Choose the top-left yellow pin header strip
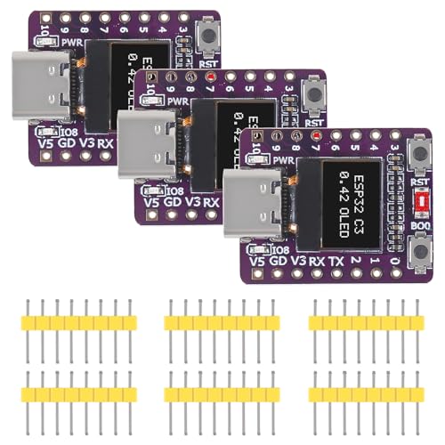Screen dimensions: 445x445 tap(78, 322)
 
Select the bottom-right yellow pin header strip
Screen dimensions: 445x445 tap(366, 392)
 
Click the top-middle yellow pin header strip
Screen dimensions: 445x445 tap(222, 322)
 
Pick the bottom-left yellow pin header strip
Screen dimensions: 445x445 tap(78, 392)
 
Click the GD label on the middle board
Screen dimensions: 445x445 tap(174, 201)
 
